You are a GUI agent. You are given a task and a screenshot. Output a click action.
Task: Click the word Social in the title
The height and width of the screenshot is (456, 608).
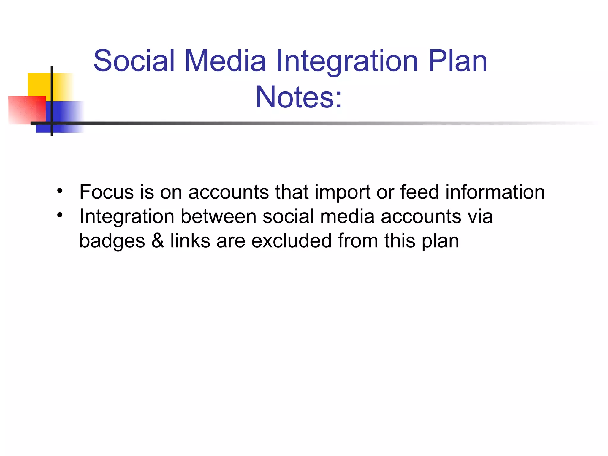[x=134, y=61]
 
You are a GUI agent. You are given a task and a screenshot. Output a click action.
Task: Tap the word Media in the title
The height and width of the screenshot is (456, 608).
[x=225, y=61]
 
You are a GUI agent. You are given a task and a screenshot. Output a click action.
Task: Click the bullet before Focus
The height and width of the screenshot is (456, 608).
[x=60, y=191]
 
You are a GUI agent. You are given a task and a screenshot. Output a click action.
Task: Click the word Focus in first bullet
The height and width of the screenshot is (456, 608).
[x=106, y=192]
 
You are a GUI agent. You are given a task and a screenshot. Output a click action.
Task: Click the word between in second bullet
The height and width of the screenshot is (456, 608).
[x=218, y=216]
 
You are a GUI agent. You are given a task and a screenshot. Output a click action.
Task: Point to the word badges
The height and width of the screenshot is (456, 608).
[x=112, y=241]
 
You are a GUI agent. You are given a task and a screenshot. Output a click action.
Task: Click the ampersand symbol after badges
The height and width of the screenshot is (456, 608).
[x=158, y=241]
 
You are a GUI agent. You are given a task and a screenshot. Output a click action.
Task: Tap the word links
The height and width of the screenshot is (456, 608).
[x=190, y=241]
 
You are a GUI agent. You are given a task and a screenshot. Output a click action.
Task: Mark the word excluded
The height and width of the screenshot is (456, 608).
[x=291, y=241]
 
